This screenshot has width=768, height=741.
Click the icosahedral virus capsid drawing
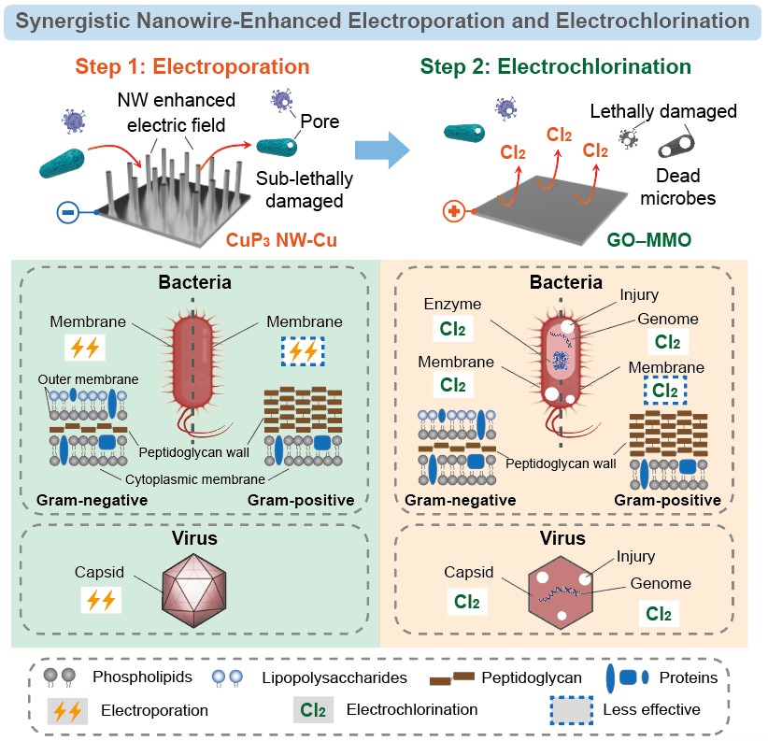click(x=196, y=594)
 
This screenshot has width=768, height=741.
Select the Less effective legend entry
click(x=652, y=709)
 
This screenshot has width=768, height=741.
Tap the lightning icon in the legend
click(x=68, y=710)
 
